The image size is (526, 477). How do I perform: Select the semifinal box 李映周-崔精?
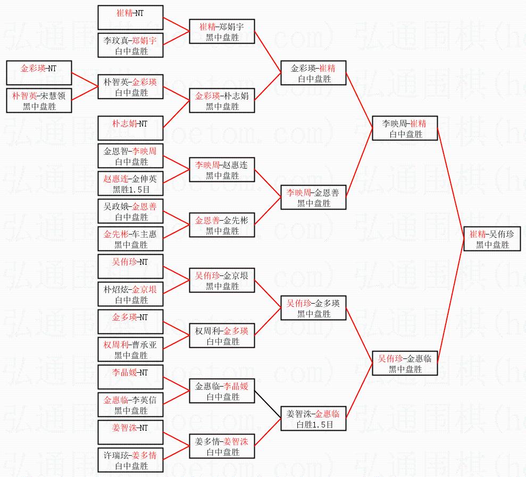[x=405, y=129]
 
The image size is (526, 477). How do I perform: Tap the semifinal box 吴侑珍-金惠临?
[x=405, y=364]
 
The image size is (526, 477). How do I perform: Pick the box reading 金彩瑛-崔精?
[x=313, y=73]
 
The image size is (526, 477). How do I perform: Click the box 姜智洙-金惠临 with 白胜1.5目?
[x=313, y=419]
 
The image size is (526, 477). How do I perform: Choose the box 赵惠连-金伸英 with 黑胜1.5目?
[x=130, y=184]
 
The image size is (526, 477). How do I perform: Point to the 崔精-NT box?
[x=130, y=18]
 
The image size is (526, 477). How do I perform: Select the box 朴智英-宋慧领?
[x=39, y=101]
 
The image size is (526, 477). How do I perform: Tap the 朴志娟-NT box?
[x=130, y=129]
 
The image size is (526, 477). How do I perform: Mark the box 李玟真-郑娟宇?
[x=130, y=46]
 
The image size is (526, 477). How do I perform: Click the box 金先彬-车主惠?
[x=130, y=239]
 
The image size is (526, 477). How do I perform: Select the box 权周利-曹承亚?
[x=130, y=350]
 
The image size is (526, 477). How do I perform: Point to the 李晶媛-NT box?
[x=130, y=378]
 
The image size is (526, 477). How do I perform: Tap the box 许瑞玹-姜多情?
[x=130, y=461]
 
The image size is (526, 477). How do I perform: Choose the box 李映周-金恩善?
[x=313, y=198]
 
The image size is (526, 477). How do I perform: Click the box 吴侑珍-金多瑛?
[x=313, y=308]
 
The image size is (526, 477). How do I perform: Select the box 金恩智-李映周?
[x=130, y=156]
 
